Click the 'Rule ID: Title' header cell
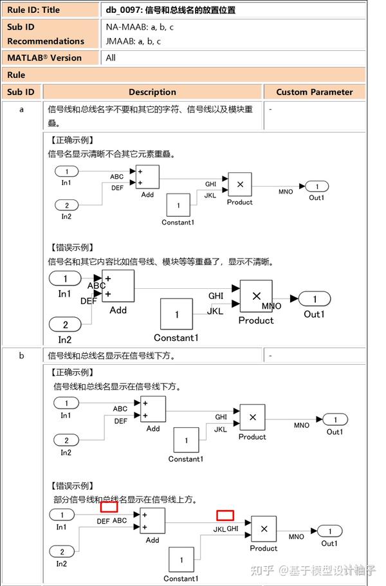point(33,10)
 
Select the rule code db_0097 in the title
point(124,10)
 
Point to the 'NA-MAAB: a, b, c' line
point(140,27)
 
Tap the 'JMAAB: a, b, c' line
point(133,41)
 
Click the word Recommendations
point(46,41)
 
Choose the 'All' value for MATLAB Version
point(111,58)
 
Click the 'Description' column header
point(152,92)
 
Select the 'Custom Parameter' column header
point(315,92)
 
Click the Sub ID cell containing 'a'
point(21,109)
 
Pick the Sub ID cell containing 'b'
point(21,356)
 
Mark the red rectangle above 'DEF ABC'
point(109,506)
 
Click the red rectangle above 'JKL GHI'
point(225,515)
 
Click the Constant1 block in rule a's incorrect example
point(177,315)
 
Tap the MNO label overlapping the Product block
point(271,306)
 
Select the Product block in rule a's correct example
point(240,184)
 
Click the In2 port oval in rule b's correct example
point(66,441)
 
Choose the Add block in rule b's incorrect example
point(152,520)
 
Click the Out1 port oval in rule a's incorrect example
point(315,298)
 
